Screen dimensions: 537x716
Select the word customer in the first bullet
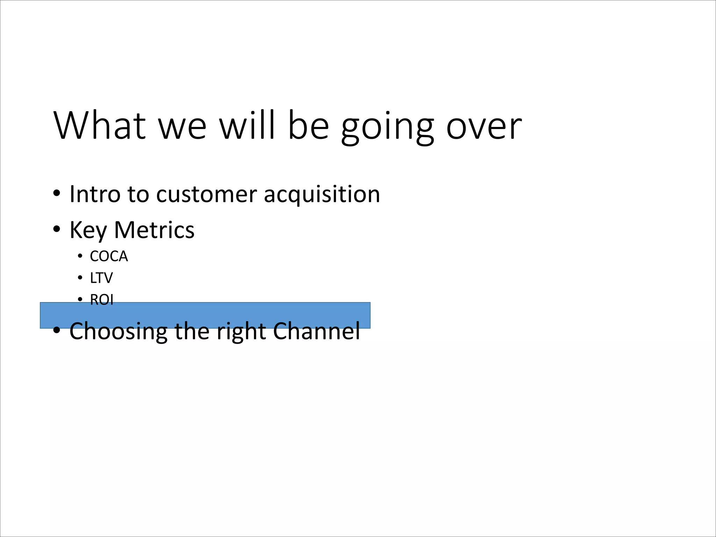(x=206, y=194)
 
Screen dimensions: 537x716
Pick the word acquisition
(x=322, y=194)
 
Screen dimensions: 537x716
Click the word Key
(x=88, y=230)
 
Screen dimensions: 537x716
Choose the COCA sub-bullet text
(x=109, y=256)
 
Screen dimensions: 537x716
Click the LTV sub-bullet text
(x=101, y=278)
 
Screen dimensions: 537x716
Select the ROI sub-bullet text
(x=102, y=300)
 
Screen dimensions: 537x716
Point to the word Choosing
(x=118, y=331)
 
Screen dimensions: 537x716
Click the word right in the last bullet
(x=241, y=331)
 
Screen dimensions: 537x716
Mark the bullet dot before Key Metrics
(x=57, y=229)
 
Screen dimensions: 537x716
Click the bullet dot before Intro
(x=57, y=193)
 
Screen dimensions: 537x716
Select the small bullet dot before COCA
(x=80, y=257)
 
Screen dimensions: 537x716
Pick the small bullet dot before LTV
(x=80, y=278)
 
